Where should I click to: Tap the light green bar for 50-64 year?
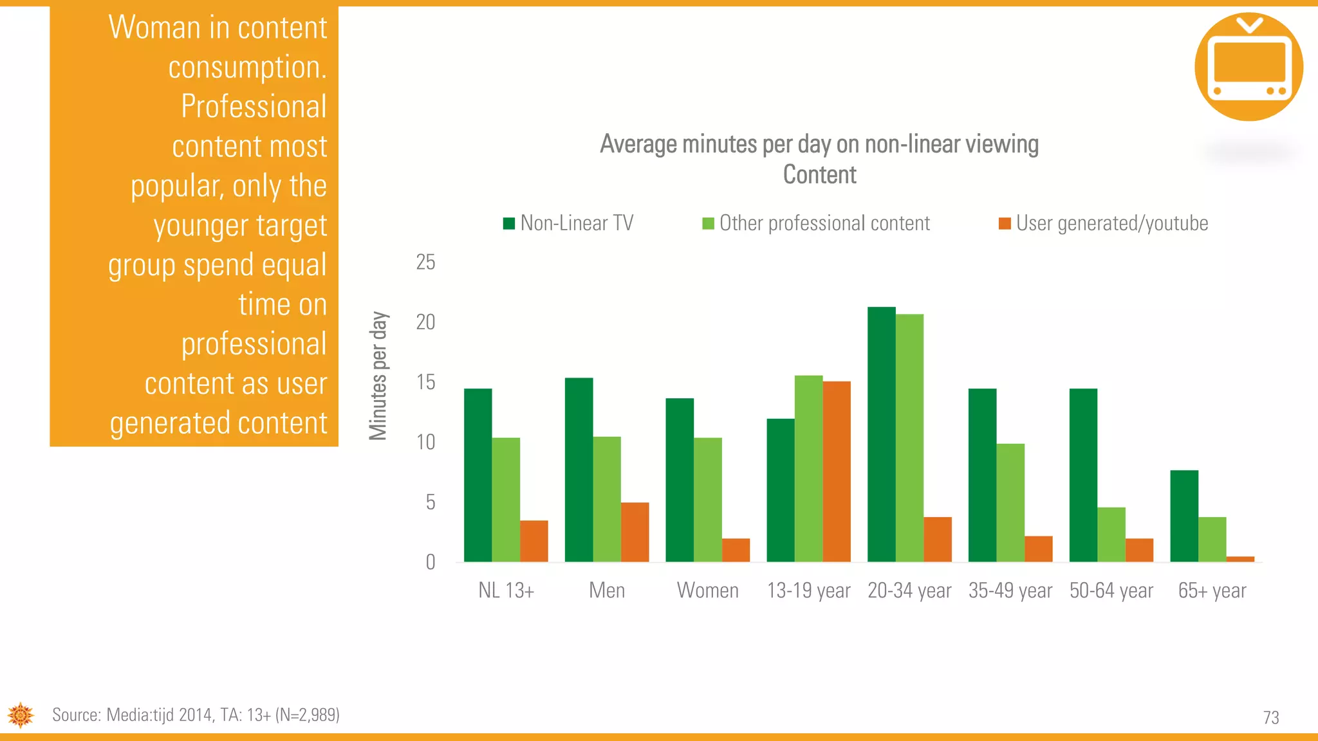tap(1111, 535)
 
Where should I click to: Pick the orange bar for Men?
tap(635, 532)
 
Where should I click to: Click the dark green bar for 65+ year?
tap(1184, 516)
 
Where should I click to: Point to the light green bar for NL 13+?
tap(506, 500)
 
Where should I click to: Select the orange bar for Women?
tap(736, 550)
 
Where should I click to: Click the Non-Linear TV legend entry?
tap(569, 223)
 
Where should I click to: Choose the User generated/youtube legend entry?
tap(1103, 223)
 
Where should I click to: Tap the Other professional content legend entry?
tap(816, 223)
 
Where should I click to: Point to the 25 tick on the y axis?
tap(425, 262)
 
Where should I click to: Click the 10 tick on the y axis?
tap(425, 443)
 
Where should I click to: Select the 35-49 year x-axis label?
tap(1010, 590)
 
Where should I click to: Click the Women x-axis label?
tap(707, 590)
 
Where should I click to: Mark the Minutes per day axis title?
tap(378, 376)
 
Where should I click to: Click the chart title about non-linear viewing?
tap(819, 159)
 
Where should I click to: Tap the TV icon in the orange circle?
tap(1248, 67)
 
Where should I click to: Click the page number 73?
tap(1270, 718)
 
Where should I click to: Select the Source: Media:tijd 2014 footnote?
tap(196, 715)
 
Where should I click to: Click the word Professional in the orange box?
tap(254, 106)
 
